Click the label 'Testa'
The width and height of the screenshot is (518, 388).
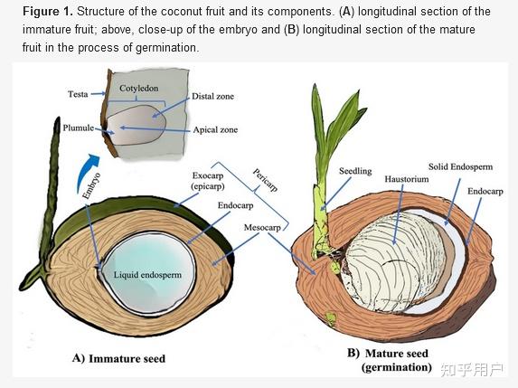pos(78,94)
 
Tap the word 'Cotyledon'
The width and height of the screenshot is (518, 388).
pos(138,89)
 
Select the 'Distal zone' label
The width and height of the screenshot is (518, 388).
pos(212,97)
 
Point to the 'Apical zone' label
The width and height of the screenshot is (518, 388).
pos(215,130)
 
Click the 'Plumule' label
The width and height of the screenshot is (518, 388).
pos(79,128)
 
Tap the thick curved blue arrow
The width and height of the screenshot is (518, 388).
pos(87,172)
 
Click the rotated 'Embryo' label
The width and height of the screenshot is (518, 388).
pos(91,185)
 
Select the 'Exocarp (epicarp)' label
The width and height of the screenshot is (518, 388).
pos(208,181)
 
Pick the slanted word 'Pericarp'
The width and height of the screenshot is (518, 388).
pos(265,180)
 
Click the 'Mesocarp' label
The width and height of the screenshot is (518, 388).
pos(263,228)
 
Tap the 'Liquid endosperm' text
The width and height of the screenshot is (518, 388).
pos(147,275)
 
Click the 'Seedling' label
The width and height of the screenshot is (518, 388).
pos(355,171)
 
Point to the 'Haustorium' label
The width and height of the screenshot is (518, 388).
pos(407,179)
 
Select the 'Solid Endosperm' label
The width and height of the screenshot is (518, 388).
pos(460,167)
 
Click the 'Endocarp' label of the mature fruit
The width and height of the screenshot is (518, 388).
pos(485,192)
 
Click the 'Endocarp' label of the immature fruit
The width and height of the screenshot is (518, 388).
pos(236,205)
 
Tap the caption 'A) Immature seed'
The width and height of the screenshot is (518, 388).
pos(119,358)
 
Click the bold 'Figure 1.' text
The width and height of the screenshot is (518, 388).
pos(48,12)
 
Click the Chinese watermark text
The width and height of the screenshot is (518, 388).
pos(472,370)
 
